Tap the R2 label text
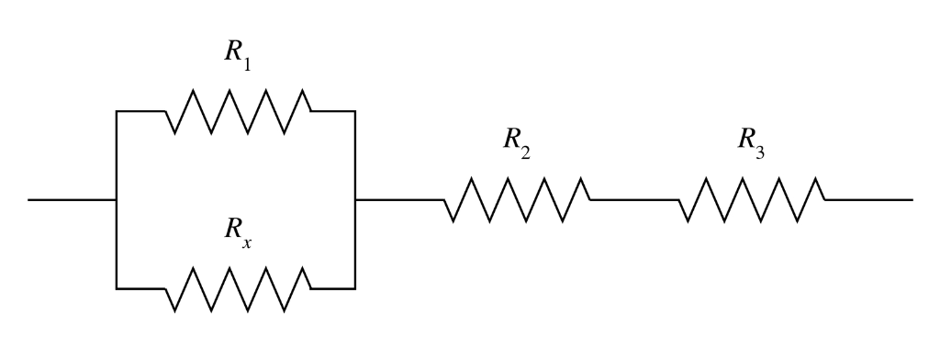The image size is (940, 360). pos(516,141)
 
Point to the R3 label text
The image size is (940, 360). pos(751,141)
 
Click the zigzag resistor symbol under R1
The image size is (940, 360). pos(238,111)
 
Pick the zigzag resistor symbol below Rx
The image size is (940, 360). pos(238,288)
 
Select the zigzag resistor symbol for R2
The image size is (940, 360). pos(517,199)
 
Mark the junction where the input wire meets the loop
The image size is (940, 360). pos(117,199)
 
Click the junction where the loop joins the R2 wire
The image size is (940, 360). pos(355,199)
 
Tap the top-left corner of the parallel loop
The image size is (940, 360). pos(117,111)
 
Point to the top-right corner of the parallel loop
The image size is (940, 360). pos(355,111)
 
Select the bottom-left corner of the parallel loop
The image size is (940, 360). pos(117,288)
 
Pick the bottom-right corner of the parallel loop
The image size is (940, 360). pos(355,288)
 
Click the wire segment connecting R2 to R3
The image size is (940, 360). pos(634,199)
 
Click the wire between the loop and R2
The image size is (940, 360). pos(399,199)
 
